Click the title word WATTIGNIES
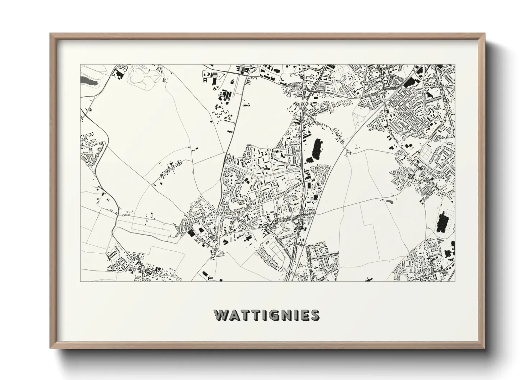(266, 315)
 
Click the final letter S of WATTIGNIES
(315, 315)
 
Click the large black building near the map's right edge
(442, 223)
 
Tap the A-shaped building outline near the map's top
(205, 81)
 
